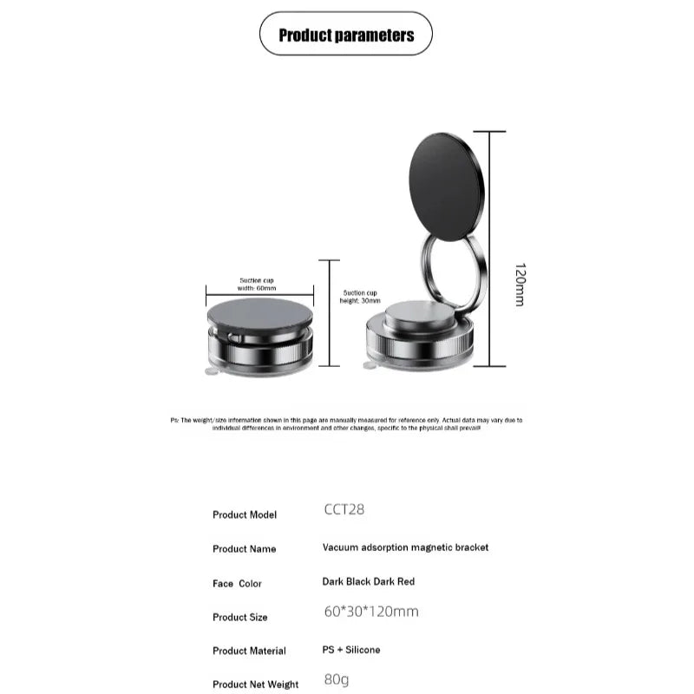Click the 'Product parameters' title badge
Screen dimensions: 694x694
click(346, 36)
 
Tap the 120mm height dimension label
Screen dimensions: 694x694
click(520, 285)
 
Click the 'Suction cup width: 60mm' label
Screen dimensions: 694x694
click(258, 284)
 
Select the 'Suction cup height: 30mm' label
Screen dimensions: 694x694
click(361, 296)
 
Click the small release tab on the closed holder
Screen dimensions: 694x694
click(211, 371)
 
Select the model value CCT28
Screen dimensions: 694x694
click(344, 509)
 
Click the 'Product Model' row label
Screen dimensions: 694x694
click(245, 514)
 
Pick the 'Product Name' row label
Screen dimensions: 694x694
click(245, 548)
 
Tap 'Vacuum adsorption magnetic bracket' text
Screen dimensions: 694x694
click(405, 547)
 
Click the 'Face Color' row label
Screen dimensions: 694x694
click(237, 584)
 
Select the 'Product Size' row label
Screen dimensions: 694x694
click(240, 617)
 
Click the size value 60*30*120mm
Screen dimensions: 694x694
click(371, 612)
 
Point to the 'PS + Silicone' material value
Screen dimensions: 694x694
click(351, 650)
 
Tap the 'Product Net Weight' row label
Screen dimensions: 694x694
click(256, 684)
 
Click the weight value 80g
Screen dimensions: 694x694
click(337, 679)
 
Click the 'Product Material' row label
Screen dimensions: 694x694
click(249, 651)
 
